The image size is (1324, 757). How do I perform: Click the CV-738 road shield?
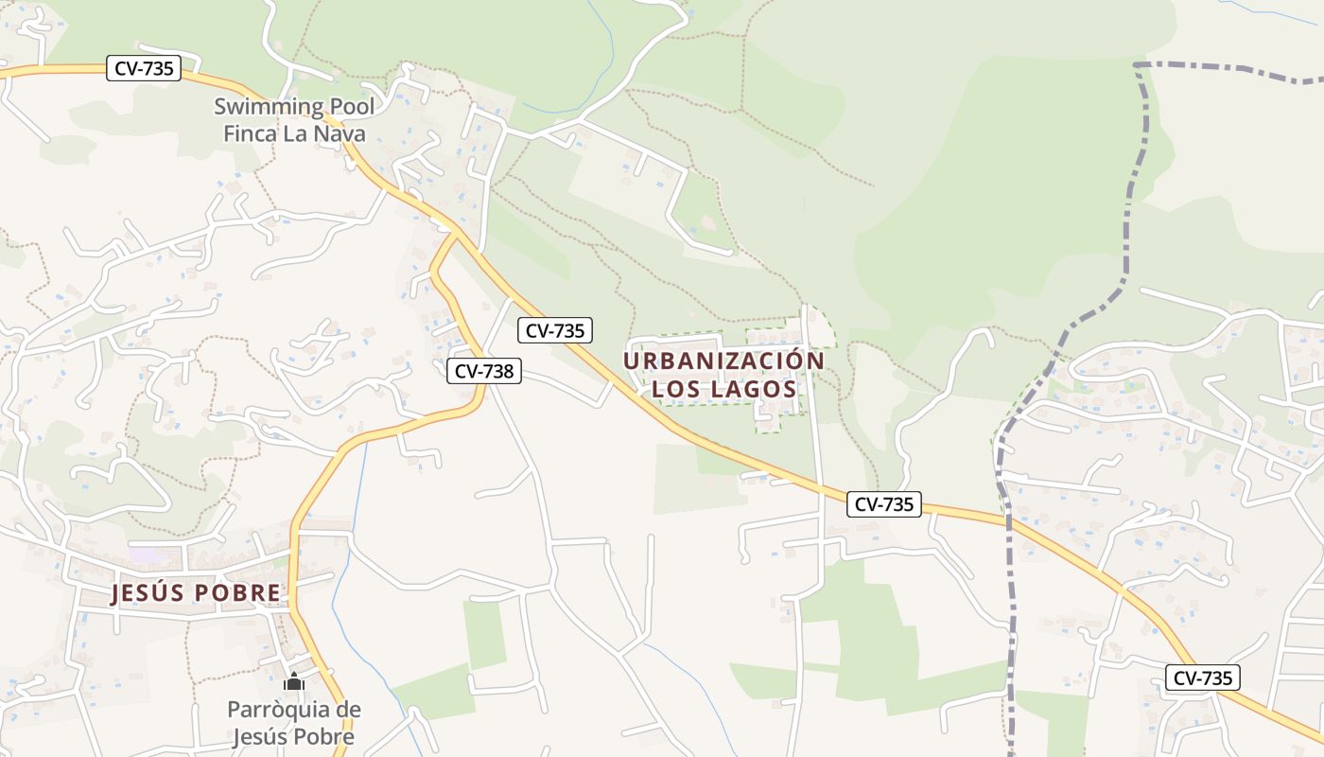tap(483, 371)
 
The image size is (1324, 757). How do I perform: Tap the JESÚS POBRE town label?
tap(196, 593)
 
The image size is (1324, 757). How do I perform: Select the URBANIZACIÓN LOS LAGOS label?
tap(723, 375)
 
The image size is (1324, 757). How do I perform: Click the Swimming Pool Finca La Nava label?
tap(294, 120)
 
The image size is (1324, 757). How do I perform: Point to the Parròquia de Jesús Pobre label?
tap(294, 723)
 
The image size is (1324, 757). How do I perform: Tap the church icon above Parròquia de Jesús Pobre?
tap(294, 681)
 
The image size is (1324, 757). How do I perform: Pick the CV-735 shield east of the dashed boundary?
tap(1202, 678)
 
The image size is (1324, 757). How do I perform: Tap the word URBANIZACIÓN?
tap(723, 361)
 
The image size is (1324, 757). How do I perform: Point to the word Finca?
tap(252, 133)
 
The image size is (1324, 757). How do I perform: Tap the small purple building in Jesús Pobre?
tap(144, 555)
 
